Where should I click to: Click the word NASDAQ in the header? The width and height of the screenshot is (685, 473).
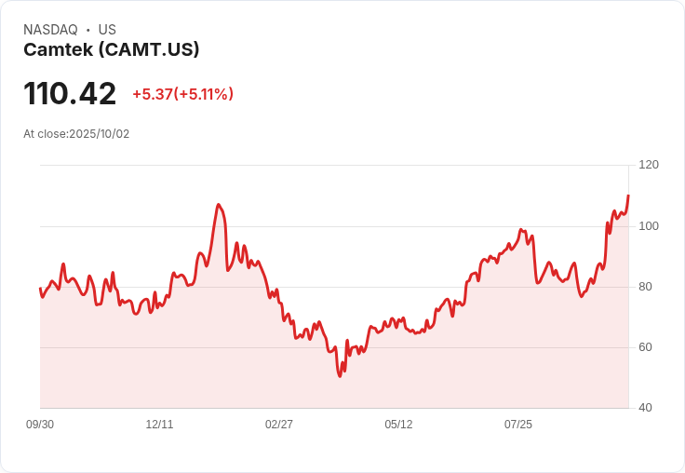coord(50,30)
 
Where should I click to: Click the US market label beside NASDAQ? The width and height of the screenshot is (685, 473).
coord(107,30)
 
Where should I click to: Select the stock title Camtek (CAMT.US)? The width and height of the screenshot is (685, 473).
coord(111,49)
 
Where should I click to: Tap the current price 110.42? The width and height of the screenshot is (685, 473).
coord(70,94)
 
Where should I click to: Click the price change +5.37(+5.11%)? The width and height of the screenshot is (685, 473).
coord(182,94)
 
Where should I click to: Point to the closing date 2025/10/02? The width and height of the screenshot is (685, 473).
coord(100,134)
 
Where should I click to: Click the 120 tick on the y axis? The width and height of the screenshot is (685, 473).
coord(649,165)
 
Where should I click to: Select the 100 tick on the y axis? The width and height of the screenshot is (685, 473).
coord(649,226)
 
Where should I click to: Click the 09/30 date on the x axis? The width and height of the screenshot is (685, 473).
coord(40,425)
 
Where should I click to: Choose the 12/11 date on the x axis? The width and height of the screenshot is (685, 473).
coord(159,425)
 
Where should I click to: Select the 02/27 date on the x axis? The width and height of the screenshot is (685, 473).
coord(279,425)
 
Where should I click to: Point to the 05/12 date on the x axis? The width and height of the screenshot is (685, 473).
coord(398,425)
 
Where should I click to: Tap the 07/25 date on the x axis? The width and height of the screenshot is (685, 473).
coord(518,425)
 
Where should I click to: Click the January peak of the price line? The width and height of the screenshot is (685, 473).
coord(218,205)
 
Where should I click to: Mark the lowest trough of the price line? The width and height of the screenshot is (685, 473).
coord(340,375)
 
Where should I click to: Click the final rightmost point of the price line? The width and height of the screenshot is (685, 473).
coord(628,196)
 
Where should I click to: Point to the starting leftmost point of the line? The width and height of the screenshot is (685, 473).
coord(40,289)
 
